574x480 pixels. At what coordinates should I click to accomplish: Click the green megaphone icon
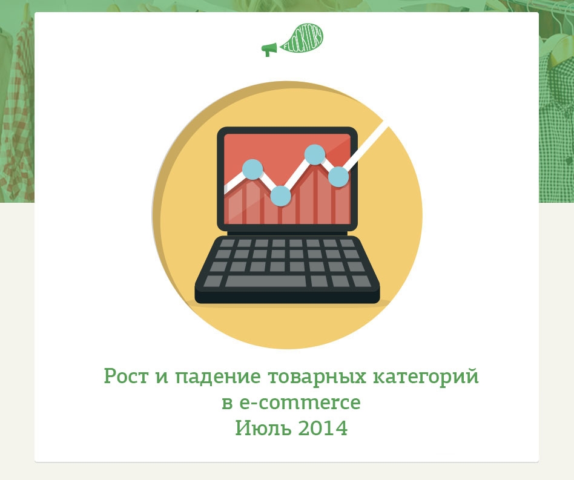269,50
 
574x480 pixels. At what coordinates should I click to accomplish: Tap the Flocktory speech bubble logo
302,40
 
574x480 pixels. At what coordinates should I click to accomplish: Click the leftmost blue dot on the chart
252,169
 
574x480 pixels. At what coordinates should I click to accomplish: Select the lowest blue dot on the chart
280,196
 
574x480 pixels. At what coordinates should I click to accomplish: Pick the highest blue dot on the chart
315,155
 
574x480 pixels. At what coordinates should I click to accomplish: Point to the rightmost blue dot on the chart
338,177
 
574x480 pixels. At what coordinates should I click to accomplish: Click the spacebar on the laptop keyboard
265,281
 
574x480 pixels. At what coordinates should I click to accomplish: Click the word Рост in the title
126,376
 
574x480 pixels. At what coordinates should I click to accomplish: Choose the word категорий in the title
426,376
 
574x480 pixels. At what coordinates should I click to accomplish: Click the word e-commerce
300,403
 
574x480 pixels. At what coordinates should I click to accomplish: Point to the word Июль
263,428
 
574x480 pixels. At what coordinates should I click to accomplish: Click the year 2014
323,428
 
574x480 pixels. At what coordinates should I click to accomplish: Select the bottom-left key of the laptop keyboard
213,281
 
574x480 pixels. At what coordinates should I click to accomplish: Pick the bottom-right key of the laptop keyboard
361,281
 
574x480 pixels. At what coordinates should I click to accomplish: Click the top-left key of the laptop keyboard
227,243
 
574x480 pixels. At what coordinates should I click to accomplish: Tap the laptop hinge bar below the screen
287,233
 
